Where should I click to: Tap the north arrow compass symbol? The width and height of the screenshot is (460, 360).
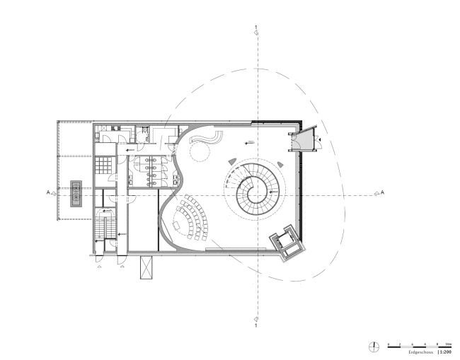(374, 346)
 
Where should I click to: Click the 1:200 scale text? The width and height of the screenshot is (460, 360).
(445, 351)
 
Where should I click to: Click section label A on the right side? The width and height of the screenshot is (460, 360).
(382, 192)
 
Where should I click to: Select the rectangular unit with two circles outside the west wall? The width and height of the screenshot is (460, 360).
(76, 192)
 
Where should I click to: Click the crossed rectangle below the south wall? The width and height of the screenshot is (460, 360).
(146, 267)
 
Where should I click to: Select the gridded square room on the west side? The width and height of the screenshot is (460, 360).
(104, 165)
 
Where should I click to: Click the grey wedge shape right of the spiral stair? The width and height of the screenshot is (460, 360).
(280, 164)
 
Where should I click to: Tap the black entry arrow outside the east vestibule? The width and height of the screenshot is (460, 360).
(320, 141)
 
